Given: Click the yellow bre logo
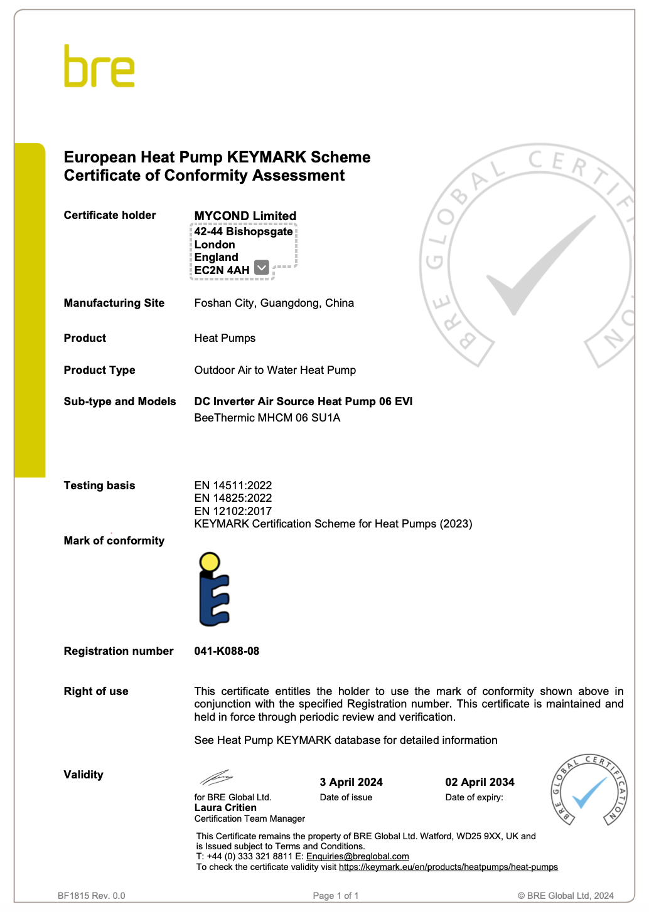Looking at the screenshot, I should coord(99,66).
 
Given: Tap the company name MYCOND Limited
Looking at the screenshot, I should coord(245,216).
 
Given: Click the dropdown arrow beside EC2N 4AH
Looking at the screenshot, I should coord(262,268).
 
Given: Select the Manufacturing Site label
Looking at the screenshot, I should coord(114,303).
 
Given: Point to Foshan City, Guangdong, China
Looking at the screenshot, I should coord(274,303).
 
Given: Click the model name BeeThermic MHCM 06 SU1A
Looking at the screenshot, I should coord(267,418).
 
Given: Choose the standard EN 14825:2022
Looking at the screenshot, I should coord(233,498).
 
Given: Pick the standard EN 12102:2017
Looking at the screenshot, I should coord(233,511).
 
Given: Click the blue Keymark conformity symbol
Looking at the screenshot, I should coord(213,589).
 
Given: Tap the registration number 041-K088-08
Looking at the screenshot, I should coord(227,651).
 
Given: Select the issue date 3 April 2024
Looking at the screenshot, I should coord(351,782).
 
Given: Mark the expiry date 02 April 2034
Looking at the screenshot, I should coord(480,782).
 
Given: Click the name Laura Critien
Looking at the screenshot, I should coord(225,808).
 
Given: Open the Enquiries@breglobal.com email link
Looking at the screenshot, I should coord(357,857).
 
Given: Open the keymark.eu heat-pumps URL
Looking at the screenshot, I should coord(448,867).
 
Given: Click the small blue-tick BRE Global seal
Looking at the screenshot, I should coord(589,790).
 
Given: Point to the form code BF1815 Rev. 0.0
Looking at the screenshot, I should coord(92,896).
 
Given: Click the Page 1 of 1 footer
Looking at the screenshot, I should coord(336,896).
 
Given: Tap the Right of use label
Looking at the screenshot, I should coord(96,691).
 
